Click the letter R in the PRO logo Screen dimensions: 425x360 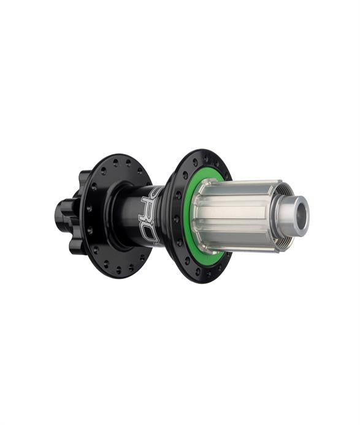[x=151, y=212]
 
